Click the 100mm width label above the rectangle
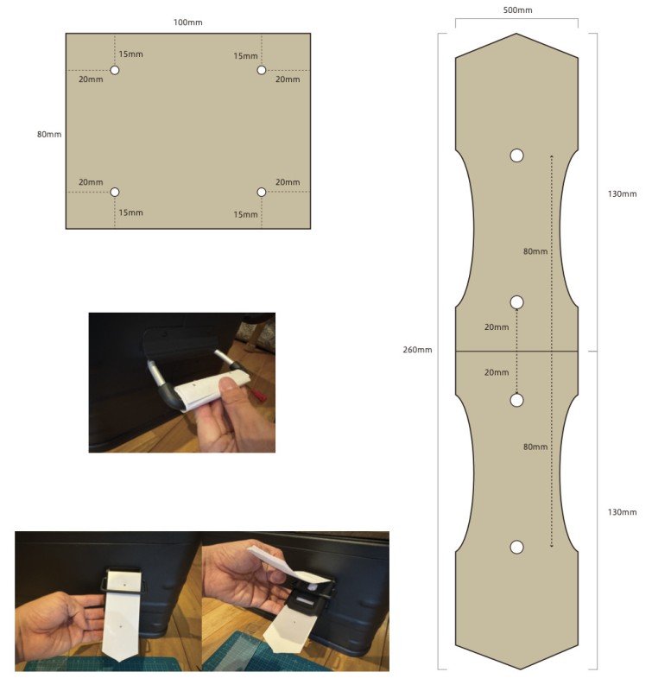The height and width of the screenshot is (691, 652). coord(187,22)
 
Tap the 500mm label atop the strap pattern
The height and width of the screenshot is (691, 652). coord(517,10)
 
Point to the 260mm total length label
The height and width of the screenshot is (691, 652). coord(417,350)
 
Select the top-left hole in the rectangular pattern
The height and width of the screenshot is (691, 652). coord(115,70)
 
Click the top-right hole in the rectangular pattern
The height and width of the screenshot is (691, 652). coord(262,70)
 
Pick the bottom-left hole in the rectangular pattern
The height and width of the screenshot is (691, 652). coord(115,192)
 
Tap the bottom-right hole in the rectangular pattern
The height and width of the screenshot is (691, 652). coord(262,192)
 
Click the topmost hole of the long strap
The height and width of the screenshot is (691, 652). coord(516,155)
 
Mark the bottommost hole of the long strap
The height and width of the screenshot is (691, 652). coord(516,547)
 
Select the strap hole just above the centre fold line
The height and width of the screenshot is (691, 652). coord(516,302)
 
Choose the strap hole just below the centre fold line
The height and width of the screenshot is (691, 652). coord(516,400)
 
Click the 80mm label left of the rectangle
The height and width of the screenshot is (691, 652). coord(49,135)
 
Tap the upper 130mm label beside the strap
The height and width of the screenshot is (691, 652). coord(622,193)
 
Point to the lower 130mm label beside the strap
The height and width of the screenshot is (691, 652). coord(622,512)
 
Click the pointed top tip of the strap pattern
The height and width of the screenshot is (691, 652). coord(516,34)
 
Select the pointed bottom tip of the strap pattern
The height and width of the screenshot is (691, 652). coord(520,669)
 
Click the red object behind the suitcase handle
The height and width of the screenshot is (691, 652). coord(258,396)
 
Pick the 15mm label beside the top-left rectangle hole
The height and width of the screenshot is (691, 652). coord(131,54)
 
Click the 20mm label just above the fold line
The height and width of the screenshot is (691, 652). coord(497,327)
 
